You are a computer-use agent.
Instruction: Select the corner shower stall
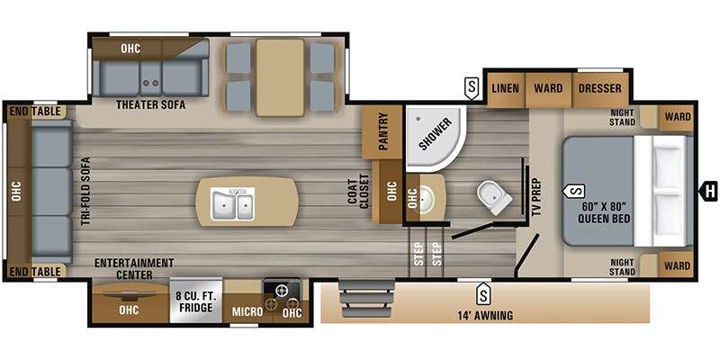[435, 138]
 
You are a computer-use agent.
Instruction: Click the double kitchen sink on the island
[232, 202]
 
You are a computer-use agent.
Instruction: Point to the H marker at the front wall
[708, 191]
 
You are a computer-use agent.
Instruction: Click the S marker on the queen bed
[574, 190]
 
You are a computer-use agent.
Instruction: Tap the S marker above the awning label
[482, 294]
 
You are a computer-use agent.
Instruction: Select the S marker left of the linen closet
[472, 88]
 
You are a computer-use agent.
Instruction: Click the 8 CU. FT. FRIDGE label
[195, 301]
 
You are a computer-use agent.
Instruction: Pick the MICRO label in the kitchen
[247, 312]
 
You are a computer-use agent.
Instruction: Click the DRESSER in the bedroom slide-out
[599, 88]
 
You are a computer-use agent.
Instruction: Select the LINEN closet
[505, 88]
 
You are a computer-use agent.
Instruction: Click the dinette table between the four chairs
[280, 77]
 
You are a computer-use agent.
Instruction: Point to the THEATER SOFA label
[150, 104]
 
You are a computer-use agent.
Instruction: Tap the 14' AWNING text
[484, 316]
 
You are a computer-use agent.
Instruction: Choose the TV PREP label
[538, 196]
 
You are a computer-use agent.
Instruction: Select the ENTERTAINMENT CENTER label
[134, 268]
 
